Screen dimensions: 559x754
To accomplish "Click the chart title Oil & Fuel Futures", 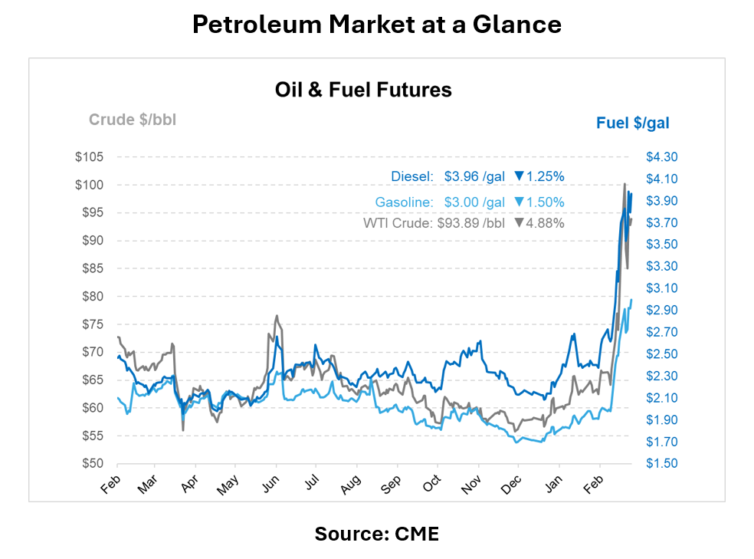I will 363,90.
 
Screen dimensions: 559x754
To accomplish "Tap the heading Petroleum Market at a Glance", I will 376,25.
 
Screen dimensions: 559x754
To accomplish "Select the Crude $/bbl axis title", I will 133,120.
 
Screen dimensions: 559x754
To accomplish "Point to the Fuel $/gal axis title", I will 633,123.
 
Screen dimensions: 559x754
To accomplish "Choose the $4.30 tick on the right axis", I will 662,157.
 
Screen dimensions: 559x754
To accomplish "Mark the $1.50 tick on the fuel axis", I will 662,464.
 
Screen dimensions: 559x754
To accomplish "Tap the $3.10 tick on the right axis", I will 662,288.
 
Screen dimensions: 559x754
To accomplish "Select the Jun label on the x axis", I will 270,485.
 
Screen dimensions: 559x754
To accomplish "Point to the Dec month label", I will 513,485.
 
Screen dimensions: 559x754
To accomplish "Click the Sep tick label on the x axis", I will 392,485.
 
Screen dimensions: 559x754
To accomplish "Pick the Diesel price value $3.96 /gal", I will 474,176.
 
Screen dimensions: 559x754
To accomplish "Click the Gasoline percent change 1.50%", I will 546,202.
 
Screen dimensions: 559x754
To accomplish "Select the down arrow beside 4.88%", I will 519,223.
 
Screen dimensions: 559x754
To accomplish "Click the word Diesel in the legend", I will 412,176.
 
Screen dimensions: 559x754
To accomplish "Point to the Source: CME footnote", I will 376,534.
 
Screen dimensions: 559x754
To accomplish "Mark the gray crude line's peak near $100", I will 625,185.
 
